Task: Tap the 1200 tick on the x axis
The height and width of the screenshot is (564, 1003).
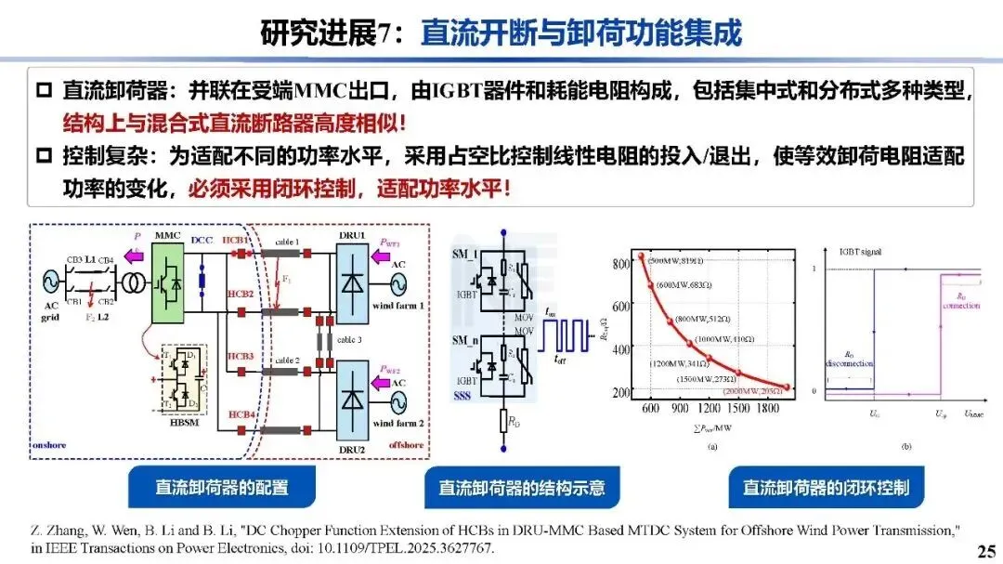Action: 710,408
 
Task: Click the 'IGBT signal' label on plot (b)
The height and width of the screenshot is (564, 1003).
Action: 860,252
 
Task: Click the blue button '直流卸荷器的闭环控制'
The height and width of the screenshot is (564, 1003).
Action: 825,488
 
